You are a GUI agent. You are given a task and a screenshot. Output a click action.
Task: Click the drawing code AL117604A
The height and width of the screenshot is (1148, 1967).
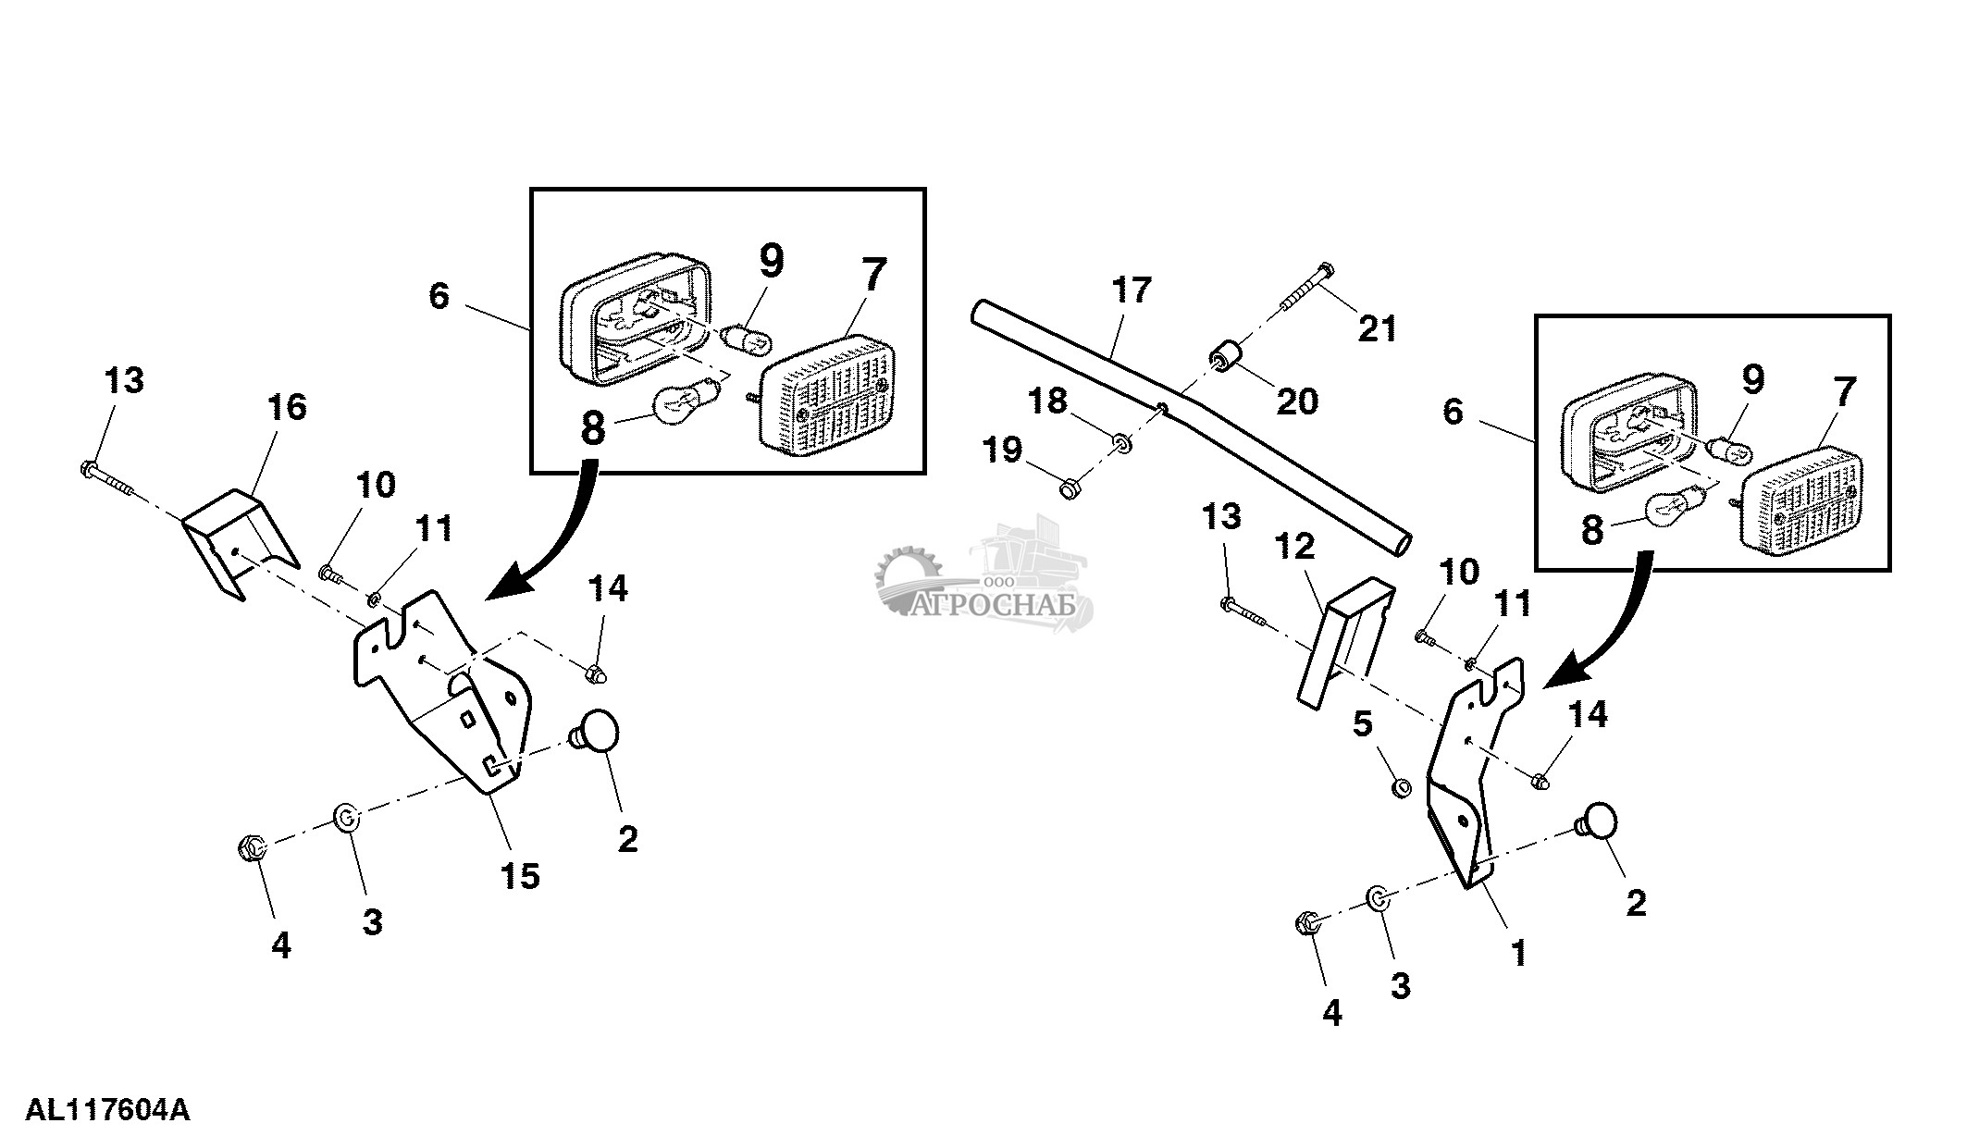click(107, 1110)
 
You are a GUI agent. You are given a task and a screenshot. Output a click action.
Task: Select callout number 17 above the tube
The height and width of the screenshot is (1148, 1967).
click(1132, 290)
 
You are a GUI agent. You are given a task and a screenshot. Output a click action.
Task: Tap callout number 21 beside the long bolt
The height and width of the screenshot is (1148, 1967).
click(1377, 328)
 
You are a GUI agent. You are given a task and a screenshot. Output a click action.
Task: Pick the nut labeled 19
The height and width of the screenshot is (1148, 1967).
click(1069, 487)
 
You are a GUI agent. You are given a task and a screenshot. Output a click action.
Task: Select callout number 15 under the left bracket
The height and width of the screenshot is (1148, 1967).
click(520, 875)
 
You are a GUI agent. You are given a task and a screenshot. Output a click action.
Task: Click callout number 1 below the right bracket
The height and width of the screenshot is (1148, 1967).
click(1517, 953)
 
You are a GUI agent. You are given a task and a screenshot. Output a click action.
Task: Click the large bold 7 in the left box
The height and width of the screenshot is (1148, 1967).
click(872, 276)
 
